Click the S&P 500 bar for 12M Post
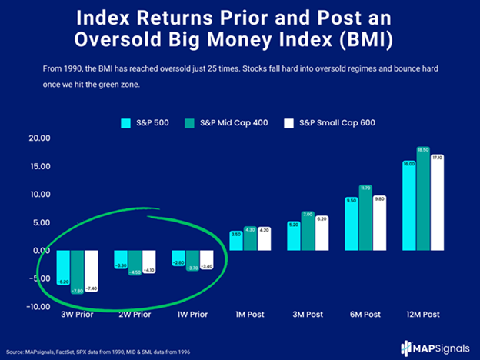[x=410, y=205]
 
